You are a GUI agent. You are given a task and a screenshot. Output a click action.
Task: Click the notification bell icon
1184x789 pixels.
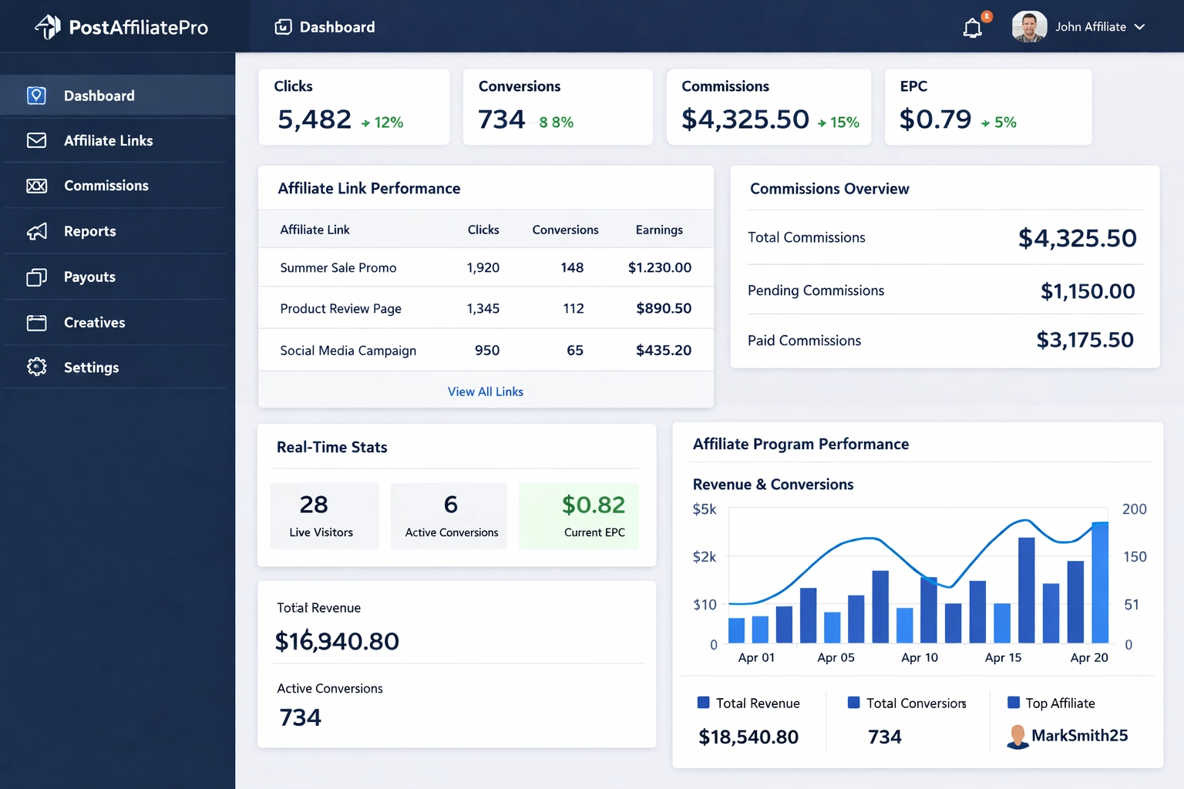click(973, 29)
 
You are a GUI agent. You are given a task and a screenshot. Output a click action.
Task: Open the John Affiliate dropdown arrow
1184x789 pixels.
click(1139, 27)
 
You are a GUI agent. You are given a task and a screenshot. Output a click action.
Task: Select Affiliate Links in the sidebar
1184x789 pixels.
click(108, 140)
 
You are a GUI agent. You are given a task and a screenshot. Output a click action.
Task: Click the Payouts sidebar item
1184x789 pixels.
click(89, 277)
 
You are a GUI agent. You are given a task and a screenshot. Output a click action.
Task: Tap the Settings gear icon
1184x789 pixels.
click(36, 367)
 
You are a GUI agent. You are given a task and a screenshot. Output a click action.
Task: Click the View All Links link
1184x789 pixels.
click(485, 391)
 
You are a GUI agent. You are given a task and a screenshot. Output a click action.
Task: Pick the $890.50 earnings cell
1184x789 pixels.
click(663, 308)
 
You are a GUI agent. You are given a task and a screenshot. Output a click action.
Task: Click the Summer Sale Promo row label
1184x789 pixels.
click(338, 267)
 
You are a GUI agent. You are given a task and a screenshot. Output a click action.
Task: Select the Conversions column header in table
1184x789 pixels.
click(565, 230)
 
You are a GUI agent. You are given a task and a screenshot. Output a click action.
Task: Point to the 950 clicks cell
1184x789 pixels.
click(486, 350)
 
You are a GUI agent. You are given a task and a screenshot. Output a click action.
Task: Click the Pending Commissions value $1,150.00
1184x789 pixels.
click(1087, 291)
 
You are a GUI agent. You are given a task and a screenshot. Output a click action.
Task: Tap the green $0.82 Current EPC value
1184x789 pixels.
click(593, 505)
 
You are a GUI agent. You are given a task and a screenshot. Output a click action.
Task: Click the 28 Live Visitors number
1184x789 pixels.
click(314, 505)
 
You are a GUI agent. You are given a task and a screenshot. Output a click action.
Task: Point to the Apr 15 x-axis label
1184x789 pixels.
click(1003, 657)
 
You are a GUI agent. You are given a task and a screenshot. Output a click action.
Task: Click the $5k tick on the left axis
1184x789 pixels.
click(704, 509)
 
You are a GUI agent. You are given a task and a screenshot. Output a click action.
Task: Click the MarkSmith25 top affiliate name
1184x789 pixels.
click(1078, 735)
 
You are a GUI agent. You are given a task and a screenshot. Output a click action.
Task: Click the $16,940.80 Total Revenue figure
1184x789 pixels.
click(337, 641)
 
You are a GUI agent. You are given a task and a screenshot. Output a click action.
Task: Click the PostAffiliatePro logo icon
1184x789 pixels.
click(48, 27)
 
